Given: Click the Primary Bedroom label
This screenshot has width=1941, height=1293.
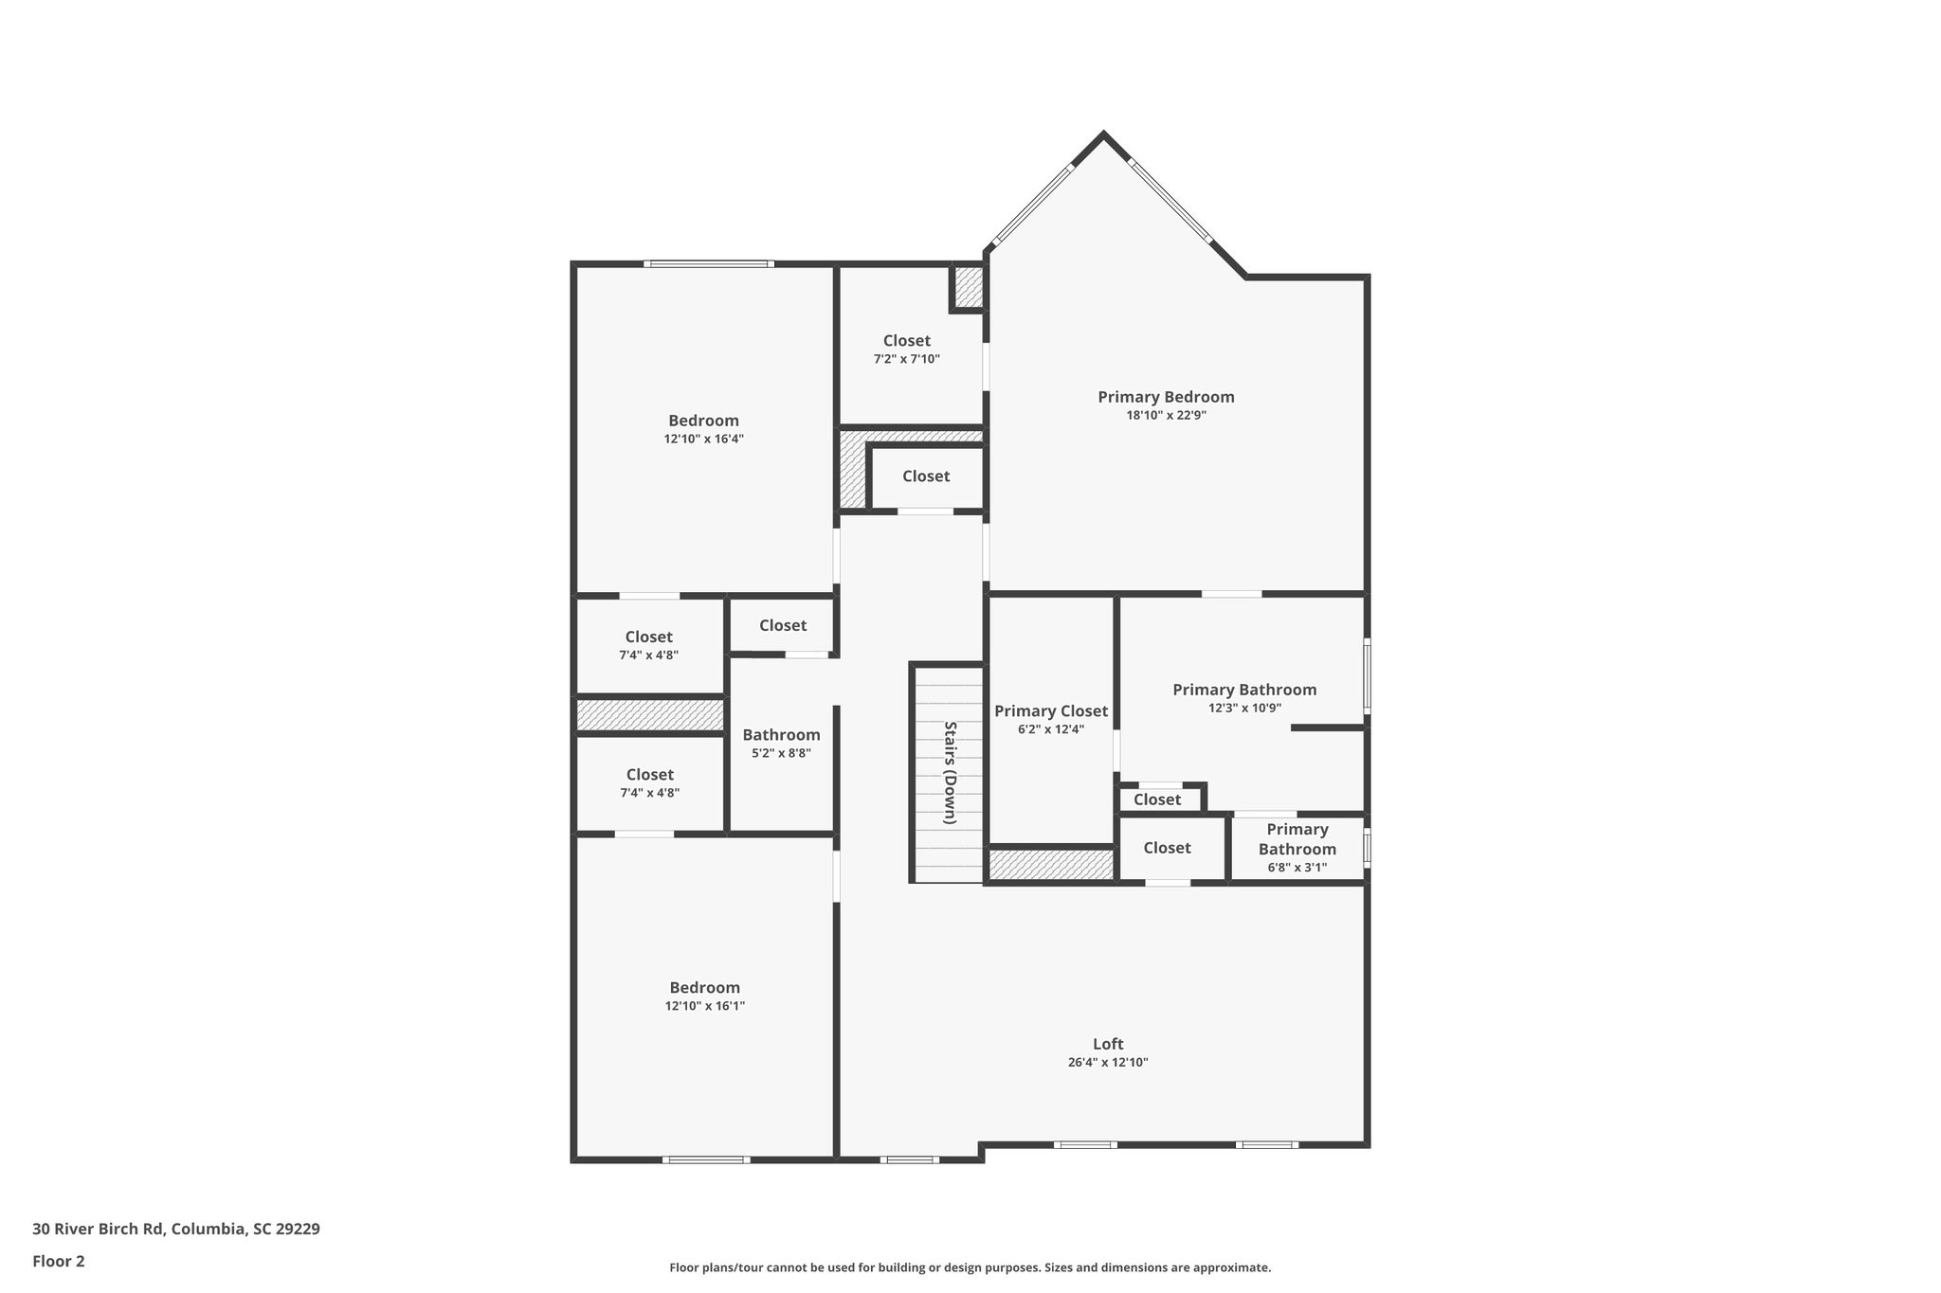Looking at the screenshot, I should pos(1166,397).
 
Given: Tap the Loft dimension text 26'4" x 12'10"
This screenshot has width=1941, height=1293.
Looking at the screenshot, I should pos(1107,1063).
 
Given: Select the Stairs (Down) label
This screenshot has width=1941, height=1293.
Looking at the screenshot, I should pos(950,772).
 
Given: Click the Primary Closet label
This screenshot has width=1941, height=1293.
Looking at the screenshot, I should pos(1050,711).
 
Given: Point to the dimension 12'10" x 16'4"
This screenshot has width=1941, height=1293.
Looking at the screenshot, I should pos(703,440).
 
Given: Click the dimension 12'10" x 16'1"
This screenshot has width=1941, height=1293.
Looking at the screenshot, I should pos(704,1006).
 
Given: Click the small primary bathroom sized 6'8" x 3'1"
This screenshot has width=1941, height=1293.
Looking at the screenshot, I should pos(1297,849).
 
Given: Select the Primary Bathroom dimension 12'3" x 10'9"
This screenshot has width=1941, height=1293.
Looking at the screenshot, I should pos(1244,708).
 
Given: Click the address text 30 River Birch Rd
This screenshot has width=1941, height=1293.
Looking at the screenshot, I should pos(175,1230).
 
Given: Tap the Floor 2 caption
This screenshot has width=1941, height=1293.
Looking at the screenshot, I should pos(59,1261).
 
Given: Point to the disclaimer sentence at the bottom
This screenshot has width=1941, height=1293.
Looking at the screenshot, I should pos(970,1267).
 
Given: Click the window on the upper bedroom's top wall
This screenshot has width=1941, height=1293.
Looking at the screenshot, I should pos(709,263).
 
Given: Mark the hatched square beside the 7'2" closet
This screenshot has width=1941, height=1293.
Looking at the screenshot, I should pos(969,287).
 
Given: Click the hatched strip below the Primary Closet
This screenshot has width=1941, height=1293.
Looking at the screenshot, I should pos(1051,864).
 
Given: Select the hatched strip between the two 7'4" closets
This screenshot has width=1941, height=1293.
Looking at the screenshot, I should pos(650,714).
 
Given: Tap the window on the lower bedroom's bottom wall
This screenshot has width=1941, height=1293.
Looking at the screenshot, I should pos(706,1159).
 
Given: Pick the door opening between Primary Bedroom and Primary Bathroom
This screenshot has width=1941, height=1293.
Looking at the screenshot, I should pos(1232,594).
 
